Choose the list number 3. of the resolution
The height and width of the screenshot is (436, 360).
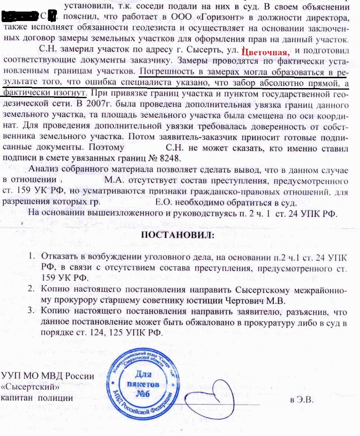click(x=31, y=311)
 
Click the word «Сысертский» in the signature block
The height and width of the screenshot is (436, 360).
click(x=30, y=387)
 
